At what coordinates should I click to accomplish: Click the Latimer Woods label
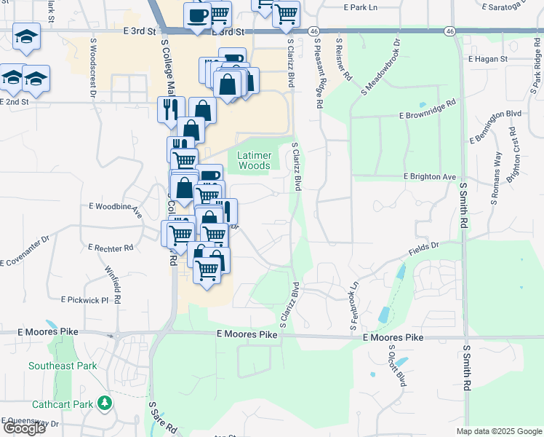(254, 160)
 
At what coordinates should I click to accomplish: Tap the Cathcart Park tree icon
(105, 403)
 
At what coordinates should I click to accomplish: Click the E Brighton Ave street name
(430, 177)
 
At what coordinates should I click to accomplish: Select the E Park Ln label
(361, 7)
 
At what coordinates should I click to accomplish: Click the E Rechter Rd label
(111, 248)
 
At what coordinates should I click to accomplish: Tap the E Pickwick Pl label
(84, 300)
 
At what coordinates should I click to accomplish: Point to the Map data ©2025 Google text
(499, 431)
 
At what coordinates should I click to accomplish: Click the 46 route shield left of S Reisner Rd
(313, 31)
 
